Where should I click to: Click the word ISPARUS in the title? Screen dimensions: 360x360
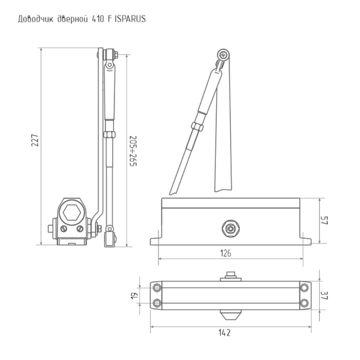pyautogui.click(x=130, y=19)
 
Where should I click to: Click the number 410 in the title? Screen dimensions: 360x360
pyautogui.click(x=97, y=19)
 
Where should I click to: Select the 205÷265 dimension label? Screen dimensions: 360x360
pyautogui.click(x=133, y=151)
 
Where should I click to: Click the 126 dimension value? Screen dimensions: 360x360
pyautogui.click(x=226, y=253)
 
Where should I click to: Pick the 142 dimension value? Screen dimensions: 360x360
pyautogui.click(x=224, y=333)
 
